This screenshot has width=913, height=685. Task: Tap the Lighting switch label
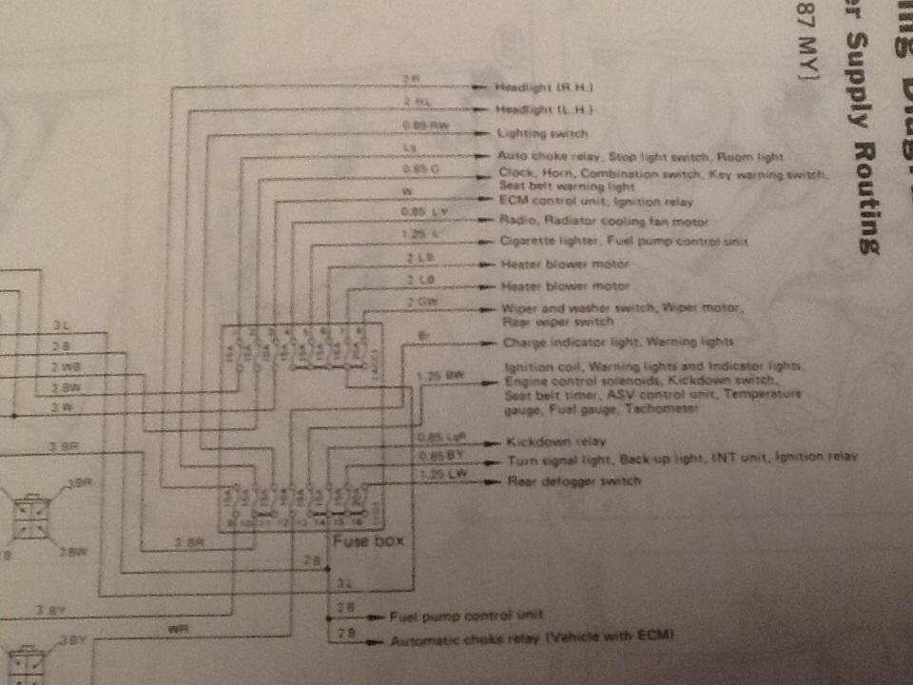click(543, 134)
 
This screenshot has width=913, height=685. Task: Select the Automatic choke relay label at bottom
click(533, 640)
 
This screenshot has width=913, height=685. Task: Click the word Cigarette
click(526, 243)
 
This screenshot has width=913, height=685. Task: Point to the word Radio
click(515, 222)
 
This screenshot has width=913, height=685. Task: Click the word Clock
click(515, 173)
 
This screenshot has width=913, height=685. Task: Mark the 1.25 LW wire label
click(438, 473)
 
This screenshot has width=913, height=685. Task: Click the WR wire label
click(175, 629)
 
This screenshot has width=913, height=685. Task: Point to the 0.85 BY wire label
click(438, 455)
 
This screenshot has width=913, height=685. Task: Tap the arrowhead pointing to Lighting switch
click(487, 134)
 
